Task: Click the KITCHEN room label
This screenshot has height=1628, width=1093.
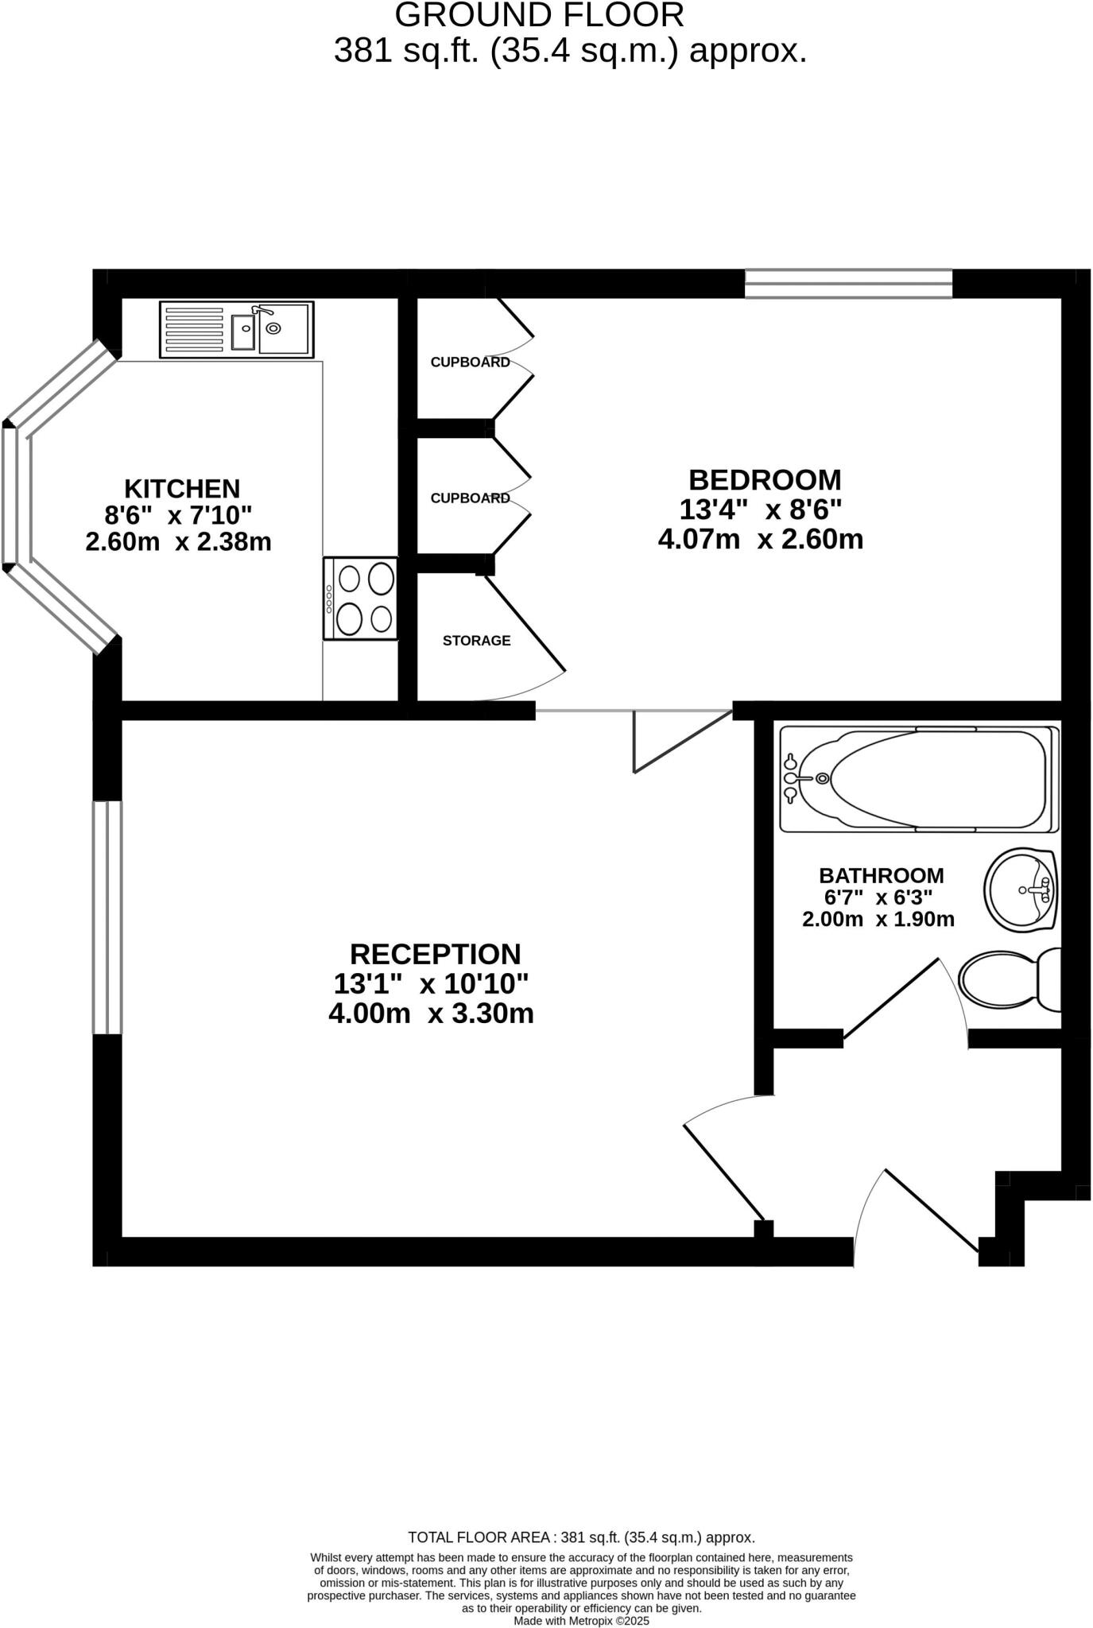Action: coord(182,487)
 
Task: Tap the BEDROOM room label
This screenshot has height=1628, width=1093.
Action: coord(765,480)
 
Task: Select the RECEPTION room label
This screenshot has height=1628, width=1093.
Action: coord(435,954)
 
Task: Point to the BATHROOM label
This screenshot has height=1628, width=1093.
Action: coord(881,875)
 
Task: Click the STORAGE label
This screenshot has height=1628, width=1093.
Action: coord(476,641)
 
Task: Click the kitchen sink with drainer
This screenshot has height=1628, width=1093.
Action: coord(237,329)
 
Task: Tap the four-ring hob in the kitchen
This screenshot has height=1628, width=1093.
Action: coord(360,598)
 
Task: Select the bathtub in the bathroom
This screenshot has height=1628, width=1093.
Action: coord(919,779)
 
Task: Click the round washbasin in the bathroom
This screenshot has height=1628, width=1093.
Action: coord(1021,890)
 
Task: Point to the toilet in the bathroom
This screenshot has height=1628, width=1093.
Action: coord(1010,979)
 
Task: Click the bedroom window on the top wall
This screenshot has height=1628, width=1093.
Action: coord(848,284)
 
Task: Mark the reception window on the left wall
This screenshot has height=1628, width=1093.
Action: coord(107,917)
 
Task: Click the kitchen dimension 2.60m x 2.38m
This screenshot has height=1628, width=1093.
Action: coord(178,542)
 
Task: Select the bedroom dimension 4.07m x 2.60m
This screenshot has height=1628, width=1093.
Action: coord(761,539)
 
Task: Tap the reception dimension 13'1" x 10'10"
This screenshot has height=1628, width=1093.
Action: coord(431,984)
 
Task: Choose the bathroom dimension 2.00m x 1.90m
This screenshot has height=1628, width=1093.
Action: coord(878,920)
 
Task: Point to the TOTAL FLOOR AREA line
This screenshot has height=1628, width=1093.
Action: coord(581,1537)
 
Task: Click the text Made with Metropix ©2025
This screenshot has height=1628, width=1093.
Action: coord(581,1621)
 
